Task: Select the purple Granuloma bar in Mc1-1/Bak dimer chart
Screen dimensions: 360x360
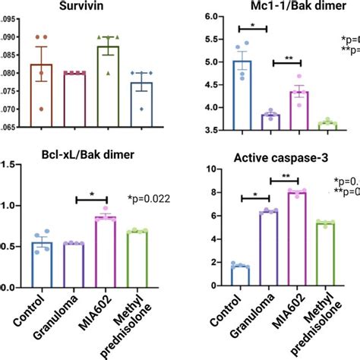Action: pyautogui.click(x=270, y=122)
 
